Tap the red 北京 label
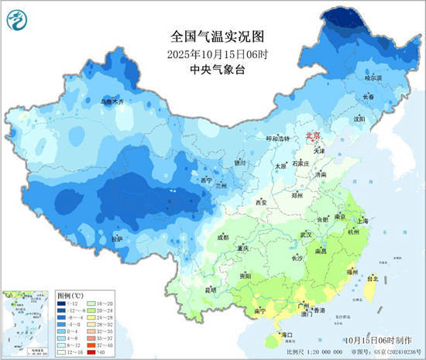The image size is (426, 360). tap(314, 135)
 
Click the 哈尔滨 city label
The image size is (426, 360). tap(373, 78)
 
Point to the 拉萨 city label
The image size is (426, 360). tap(116, 239)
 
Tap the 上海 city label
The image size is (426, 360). tap(368, 221)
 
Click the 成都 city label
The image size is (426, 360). tap(223, 237)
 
